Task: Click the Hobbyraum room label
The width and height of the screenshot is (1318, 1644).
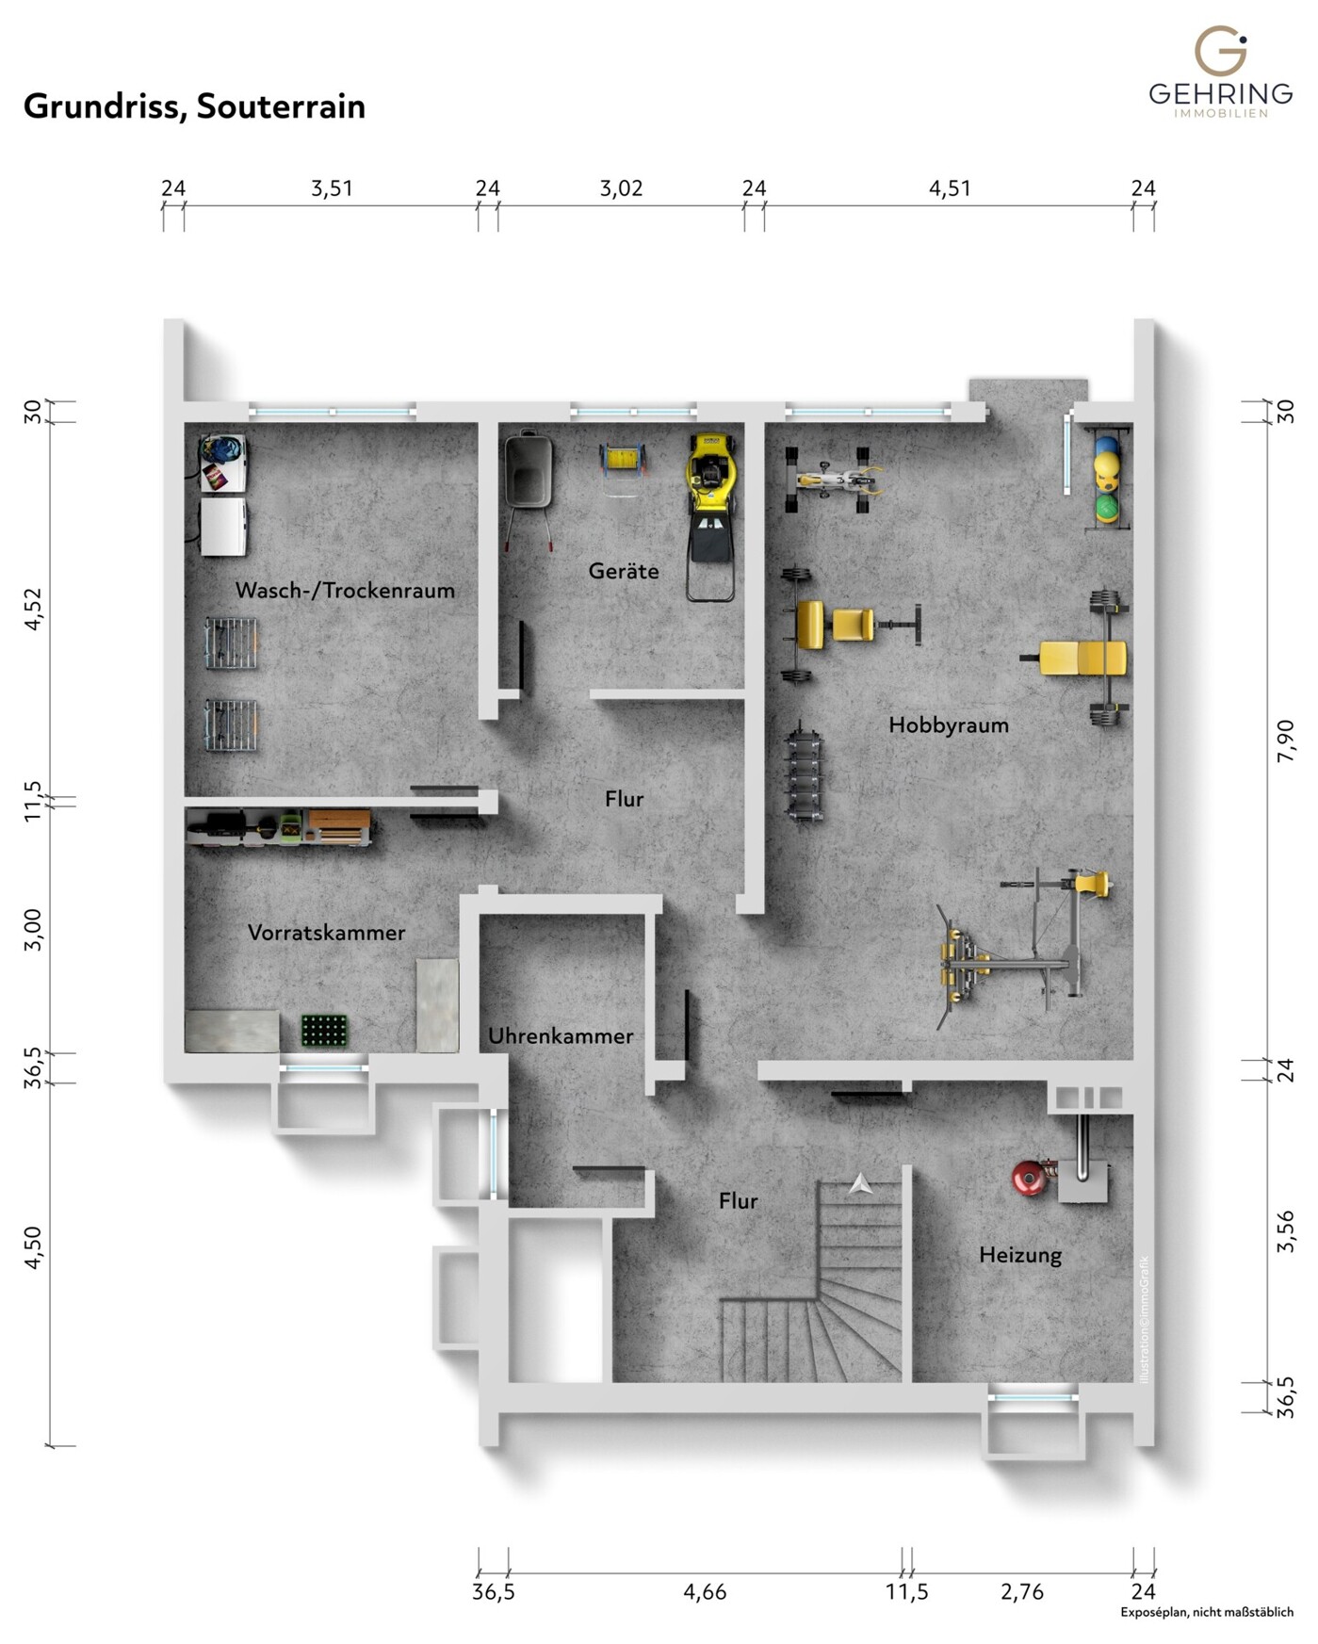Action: [x=948, y=724]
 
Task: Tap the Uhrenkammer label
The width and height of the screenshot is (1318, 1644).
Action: [x=560, y=1035]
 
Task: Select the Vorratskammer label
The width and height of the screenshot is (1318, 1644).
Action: [x=326, y=932]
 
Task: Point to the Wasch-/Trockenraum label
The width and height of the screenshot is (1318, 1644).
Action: [x=345, y=590]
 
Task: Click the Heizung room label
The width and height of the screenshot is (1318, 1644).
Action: [x=1019, y=1254]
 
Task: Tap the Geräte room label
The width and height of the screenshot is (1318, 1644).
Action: [x=623, y=570]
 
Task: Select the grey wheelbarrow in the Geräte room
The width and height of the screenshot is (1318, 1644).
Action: [x=528, y=476]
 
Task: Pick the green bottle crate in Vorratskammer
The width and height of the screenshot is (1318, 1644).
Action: [x=324, y=1031]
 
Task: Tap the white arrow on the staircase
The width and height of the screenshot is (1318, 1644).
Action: [x=860, y=1184]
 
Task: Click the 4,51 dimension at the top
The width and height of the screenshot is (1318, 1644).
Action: [x=949, y=188]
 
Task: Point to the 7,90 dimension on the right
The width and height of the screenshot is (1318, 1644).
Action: [x=1285, y=741]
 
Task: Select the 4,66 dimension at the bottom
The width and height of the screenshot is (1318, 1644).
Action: [x=705, y=1591]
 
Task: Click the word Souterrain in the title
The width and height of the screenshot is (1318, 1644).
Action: [x=280, y=106]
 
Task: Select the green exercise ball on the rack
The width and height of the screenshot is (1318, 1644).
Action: [x=1106, y=508]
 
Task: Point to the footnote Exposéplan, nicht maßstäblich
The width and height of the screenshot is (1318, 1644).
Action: [x=1206, y=1612]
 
